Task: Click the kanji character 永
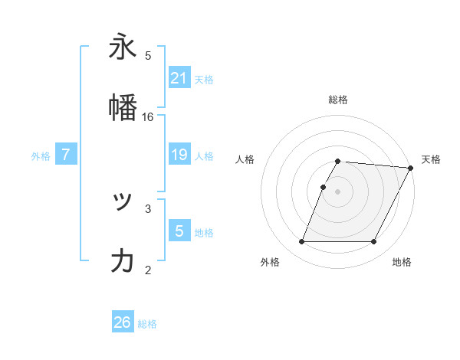(x=123, y=47)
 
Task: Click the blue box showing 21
(x=179, y=77)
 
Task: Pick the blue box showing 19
(x=179, y=155)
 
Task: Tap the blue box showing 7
(x=66, y=155)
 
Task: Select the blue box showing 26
(x=123, y=322)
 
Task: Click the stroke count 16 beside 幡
(x=148, y=117)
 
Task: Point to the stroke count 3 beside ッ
(x=148, y=208)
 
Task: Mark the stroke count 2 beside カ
(x=148, y=269)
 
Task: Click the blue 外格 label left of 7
(x=41, y=155)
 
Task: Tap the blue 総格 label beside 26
(x=147, y=324)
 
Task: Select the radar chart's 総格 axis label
(x=337, y=100)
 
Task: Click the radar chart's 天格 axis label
(x=431, y=159)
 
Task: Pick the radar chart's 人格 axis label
(x=245, y=159)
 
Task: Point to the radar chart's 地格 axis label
(x=402, y=262)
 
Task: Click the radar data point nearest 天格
(x=412, y=168)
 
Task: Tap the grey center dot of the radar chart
(x=337, y=191)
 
